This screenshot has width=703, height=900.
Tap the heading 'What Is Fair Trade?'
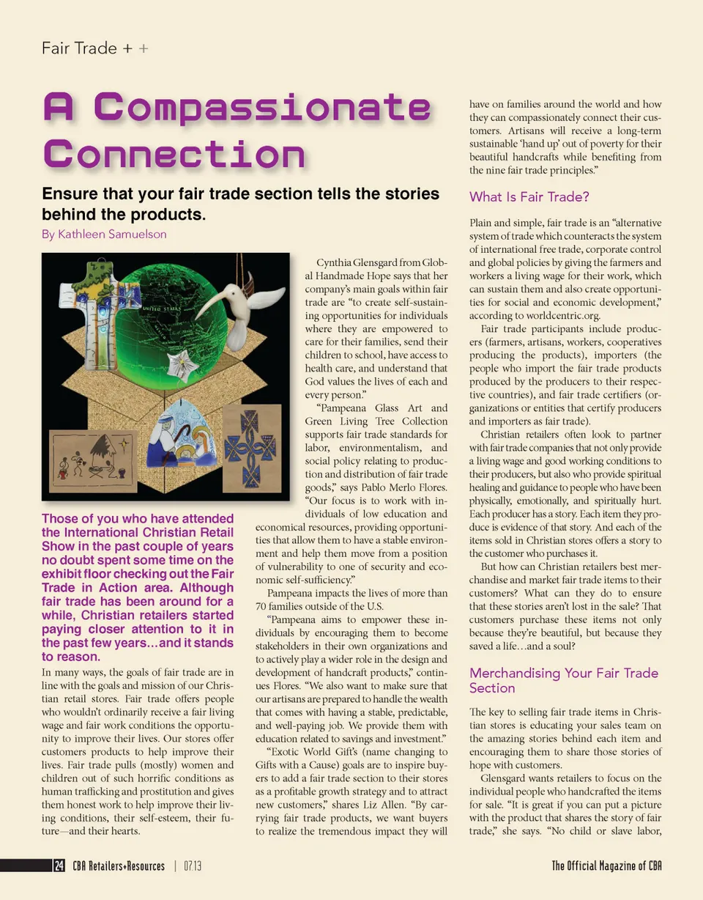(529, 197)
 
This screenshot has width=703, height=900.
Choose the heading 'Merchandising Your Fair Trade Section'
(563, 680)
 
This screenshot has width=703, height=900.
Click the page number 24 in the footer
(59, 866)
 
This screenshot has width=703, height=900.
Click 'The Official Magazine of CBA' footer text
(606, 866)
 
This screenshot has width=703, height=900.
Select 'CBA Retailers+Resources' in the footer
(119, 866)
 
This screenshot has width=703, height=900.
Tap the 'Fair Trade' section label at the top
(79, 48)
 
